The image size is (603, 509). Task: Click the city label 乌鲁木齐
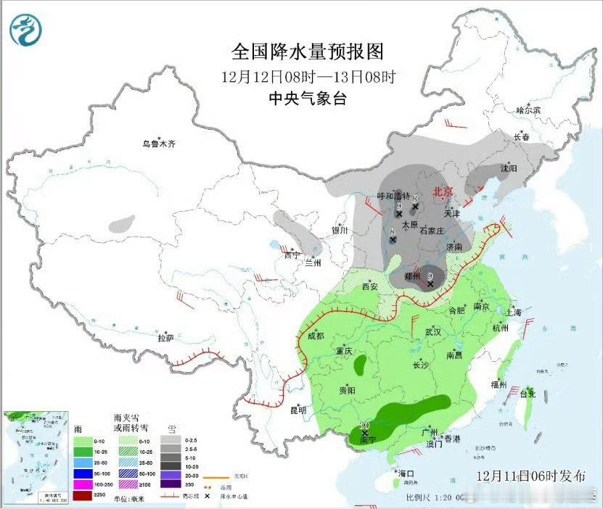point(159,144)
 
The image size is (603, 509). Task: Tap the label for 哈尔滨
point(528,110)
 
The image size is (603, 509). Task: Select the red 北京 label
point(443,191)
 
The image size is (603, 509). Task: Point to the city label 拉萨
point(165,338)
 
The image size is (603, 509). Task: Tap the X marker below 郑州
point(431,284)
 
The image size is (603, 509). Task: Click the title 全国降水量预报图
point(306,51)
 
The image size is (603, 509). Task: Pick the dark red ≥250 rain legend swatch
point(83,494)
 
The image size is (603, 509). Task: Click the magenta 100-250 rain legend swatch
point(83,484)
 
